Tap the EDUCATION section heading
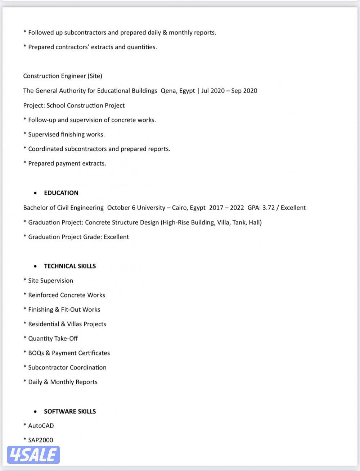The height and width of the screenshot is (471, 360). (x=61, y=193)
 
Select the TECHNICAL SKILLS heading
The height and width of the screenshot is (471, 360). (x=70, y=266)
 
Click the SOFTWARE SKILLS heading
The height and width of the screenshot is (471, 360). (x=70, y=411)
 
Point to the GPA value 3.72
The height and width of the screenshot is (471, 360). (x=268, y=208)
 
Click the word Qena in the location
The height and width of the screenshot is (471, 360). (x=168, y=91)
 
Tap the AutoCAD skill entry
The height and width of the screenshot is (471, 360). (x=41, y=426)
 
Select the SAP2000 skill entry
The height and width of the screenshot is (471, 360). (x=40, y=440)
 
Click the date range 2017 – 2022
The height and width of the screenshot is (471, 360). (x=226, y=208)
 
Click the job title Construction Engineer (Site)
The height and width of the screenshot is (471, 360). (x=63, y=76)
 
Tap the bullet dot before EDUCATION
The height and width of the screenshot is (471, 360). (x=35, y=193)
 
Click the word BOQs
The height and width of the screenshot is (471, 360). (x=36, y=353)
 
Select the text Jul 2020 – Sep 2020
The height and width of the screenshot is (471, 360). (x=229, y=91)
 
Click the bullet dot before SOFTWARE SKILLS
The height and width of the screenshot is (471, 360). (x=35, y=411)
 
